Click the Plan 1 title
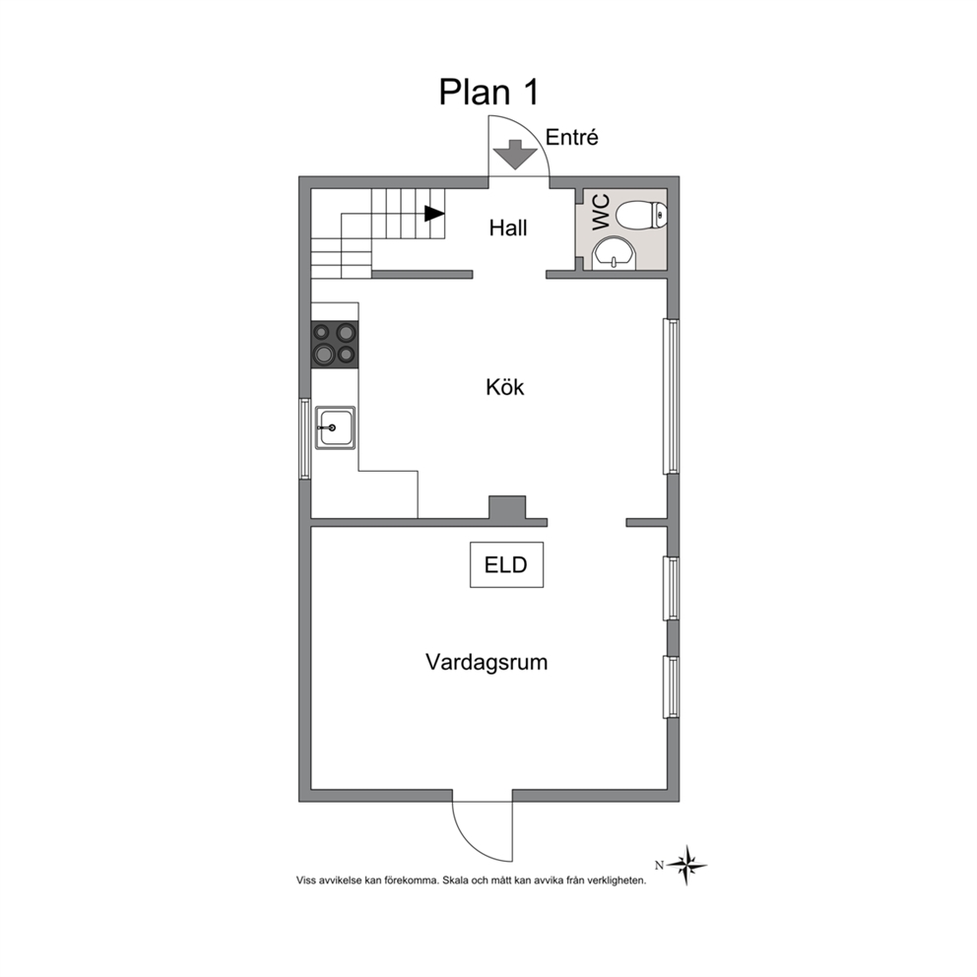(x=488, y=93)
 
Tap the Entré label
(x=571, y=137)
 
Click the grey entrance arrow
(x=515, y=155)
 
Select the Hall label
(x=508, y=228)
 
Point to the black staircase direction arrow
(x=434, y=214)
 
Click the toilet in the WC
(x=641, y=215)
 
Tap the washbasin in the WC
(x=614, y=255)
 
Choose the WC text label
(x=601, y=213)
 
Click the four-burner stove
(x=335, y=344)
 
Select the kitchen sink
(x=335, y=427)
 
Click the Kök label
(x=504, y=388)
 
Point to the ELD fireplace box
(x=506, y=564)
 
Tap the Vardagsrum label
(x=487, y=662)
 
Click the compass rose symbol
(x=686, y=865)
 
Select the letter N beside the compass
(x=659, y=865)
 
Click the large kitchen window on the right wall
(x=671, y=396)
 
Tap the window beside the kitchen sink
(x=304, y=438)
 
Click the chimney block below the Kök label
(x=507, y=507)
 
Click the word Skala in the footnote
(x=454, y=880)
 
